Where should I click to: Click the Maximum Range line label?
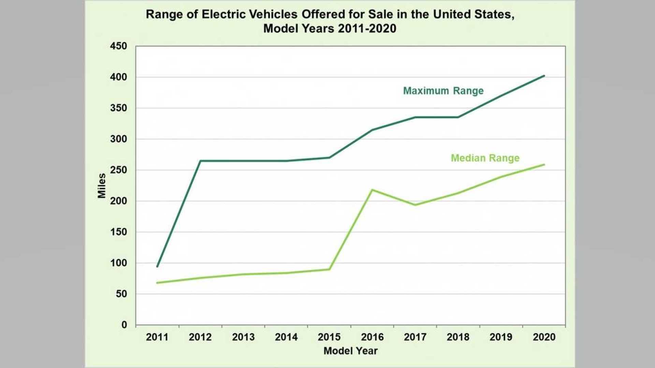point(443,91)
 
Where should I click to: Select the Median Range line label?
point(485,158)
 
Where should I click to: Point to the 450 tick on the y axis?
point(118,46)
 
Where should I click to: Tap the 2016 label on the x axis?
point(372,337)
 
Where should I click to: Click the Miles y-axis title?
point(102,186)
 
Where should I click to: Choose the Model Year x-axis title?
point(350,351)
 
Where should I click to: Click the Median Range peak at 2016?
point(372,190)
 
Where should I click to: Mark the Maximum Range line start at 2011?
point(157,266)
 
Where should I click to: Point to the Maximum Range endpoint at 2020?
point(544,76)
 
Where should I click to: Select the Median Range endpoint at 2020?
point(544,165)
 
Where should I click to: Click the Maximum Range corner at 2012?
point(200,161)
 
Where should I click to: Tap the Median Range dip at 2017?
point(415,205)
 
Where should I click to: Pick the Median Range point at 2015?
point(329,270)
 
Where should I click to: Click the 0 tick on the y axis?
point(124,325)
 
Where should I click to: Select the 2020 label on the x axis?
point(544,337)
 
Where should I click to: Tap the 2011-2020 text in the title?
point(367,29)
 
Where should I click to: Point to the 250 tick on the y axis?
point(118,170)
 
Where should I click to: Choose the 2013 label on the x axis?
point(243,337)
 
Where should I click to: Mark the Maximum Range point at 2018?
point(458,117)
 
